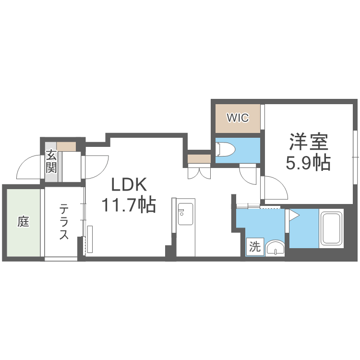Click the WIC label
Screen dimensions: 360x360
pyautogui.click(x=238, y=118)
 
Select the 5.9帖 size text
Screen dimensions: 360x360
pyautogui.click(x=308, y=163)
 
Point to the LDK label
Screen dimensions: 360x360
pyautogui.click(x=128, y=184)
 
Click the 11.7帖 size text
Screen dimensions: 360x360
pyautogui.click(x=128, y=205)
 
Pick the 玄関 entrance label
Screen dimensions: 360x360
pyautogui.click(x=51, y=161)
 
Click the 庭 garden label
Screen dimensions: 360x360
pyautogui.click(x=23, y=222)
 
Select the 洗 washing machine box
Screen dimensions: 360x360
pyautogui.click(x=254, y=247)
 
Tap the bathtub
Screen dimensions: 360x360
pyautogui.click(x=331, y=228)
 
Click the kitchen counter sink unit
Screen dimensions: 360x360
pyautogui.click(x=184, y=214)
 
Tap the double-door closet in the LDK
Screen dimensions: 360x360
pyautogui.click(x=199, y=171)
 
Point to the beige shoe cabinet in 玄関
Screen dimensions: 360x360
pyautogui.click(x=66, y=146)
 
